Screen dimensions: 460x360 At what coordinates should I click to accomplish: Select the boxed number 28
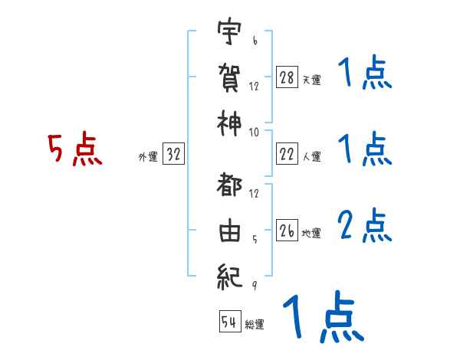coord(287,77)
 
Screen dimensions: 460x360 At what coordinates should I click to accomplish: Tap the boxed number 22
coord(287,155)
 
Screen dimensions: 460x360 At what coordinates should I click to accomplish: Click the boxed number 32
coord(173,155)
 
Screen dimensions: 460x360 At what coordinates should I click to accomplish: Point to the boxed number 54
coord(229,322)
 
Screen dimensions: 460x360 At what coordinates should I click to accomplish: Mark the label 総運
coord(255,324)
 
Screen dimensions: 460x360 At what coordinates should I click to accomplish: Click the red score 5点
coord(74,150)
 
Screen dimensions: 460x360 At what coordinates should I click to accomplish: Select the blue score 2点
coord(364,227)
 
